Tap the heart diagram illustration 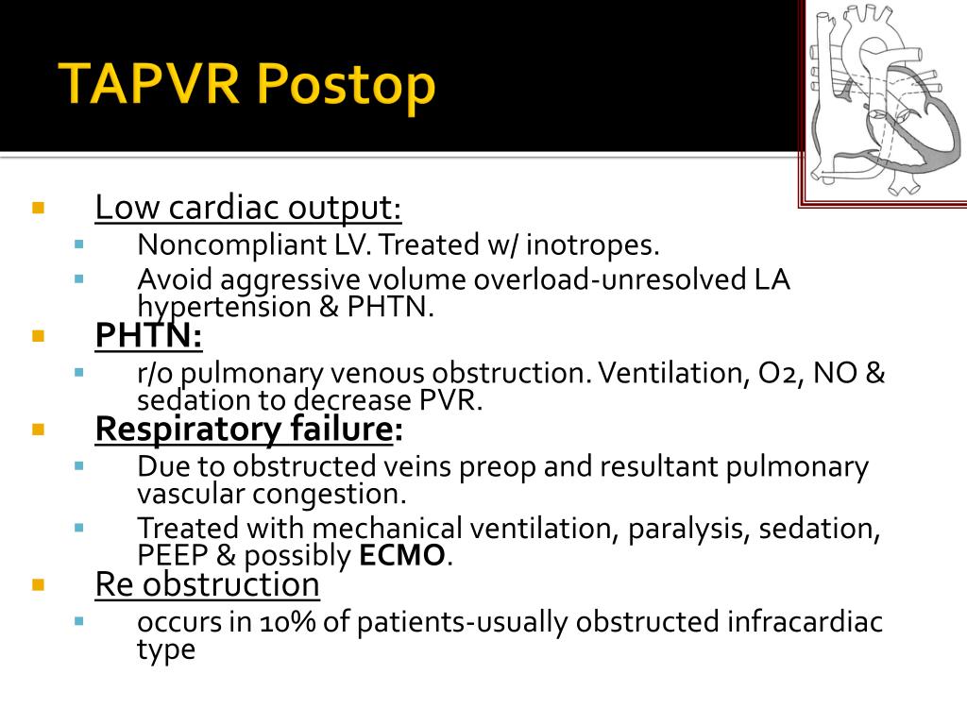point(883,99)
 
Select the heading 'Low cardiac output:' point(248,208)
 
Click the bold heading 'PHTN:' point(148,335)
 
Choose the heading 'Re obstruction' point(207,584)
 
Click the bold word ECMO point(401,556)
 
